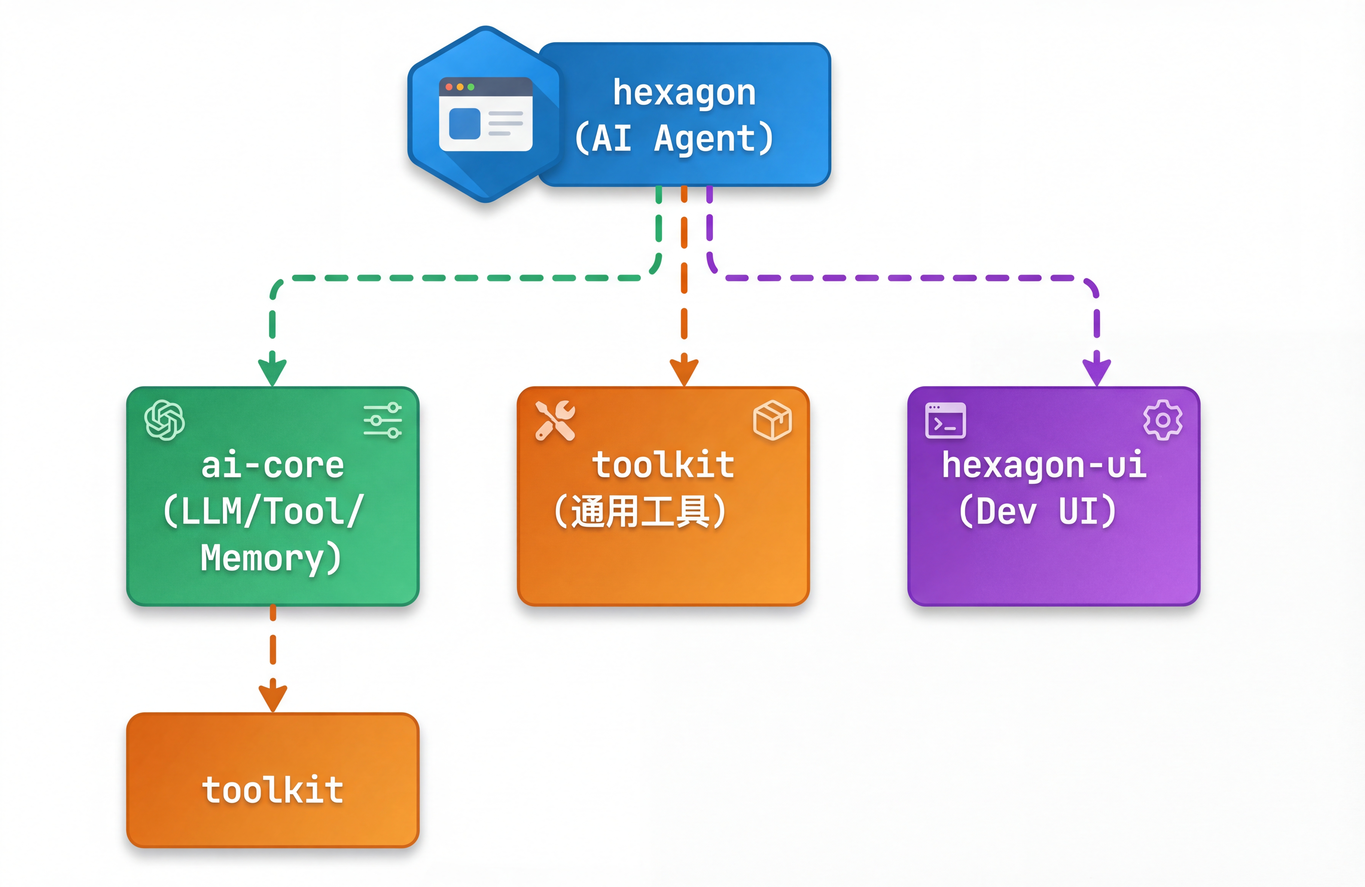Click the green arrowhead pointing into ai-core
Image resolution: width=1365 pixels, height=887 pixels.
point(272,372)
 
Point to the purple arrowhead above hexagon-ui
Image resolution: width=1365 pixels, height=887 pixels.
point(1096,372)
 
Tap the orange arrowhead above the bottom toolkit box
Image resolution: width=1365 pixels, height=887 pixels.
point(272,697)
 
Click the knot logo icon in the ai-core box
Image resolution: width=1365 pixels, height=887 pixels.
point(164,420)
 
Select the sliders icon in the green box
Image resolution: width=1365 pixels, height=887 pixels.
point(383,420)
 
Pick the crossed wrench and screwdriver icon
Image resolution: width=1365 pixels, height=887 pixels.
point(555,420)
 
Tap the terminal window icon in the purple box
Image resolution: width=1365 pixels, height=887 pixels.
point(945,420)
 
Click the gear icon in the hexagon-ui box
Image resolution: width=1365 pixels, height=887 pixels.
point(1163,420)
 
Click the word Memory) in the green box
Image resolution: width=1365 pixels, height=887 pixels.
point(271,558)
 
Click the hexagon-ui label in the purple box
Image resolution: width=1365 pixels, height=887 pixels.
point(1044,465)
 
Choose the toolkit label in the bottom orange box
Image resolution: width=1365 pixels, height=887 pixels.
point(272,790)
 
